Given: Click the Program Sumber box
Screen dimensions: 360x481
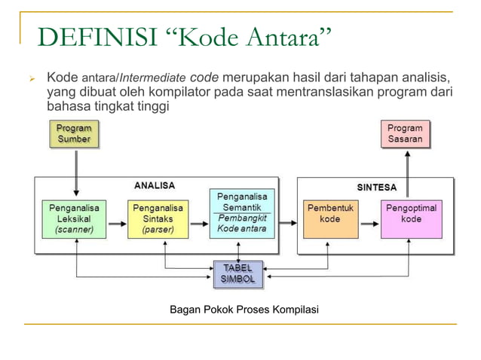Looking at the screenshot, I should tap(74, 134).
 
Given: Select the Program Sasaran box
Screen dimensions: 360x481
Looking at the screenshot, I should tap(406, 134).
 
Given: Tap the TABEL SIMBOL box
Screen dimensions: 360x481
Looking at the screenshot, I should tap(238, 274).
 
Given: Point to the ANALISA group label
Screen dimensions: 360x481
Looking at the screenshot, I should tap(155, 185).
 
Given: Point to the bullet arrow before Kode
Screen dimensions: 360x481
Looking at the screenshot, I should tap(31, 78).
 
